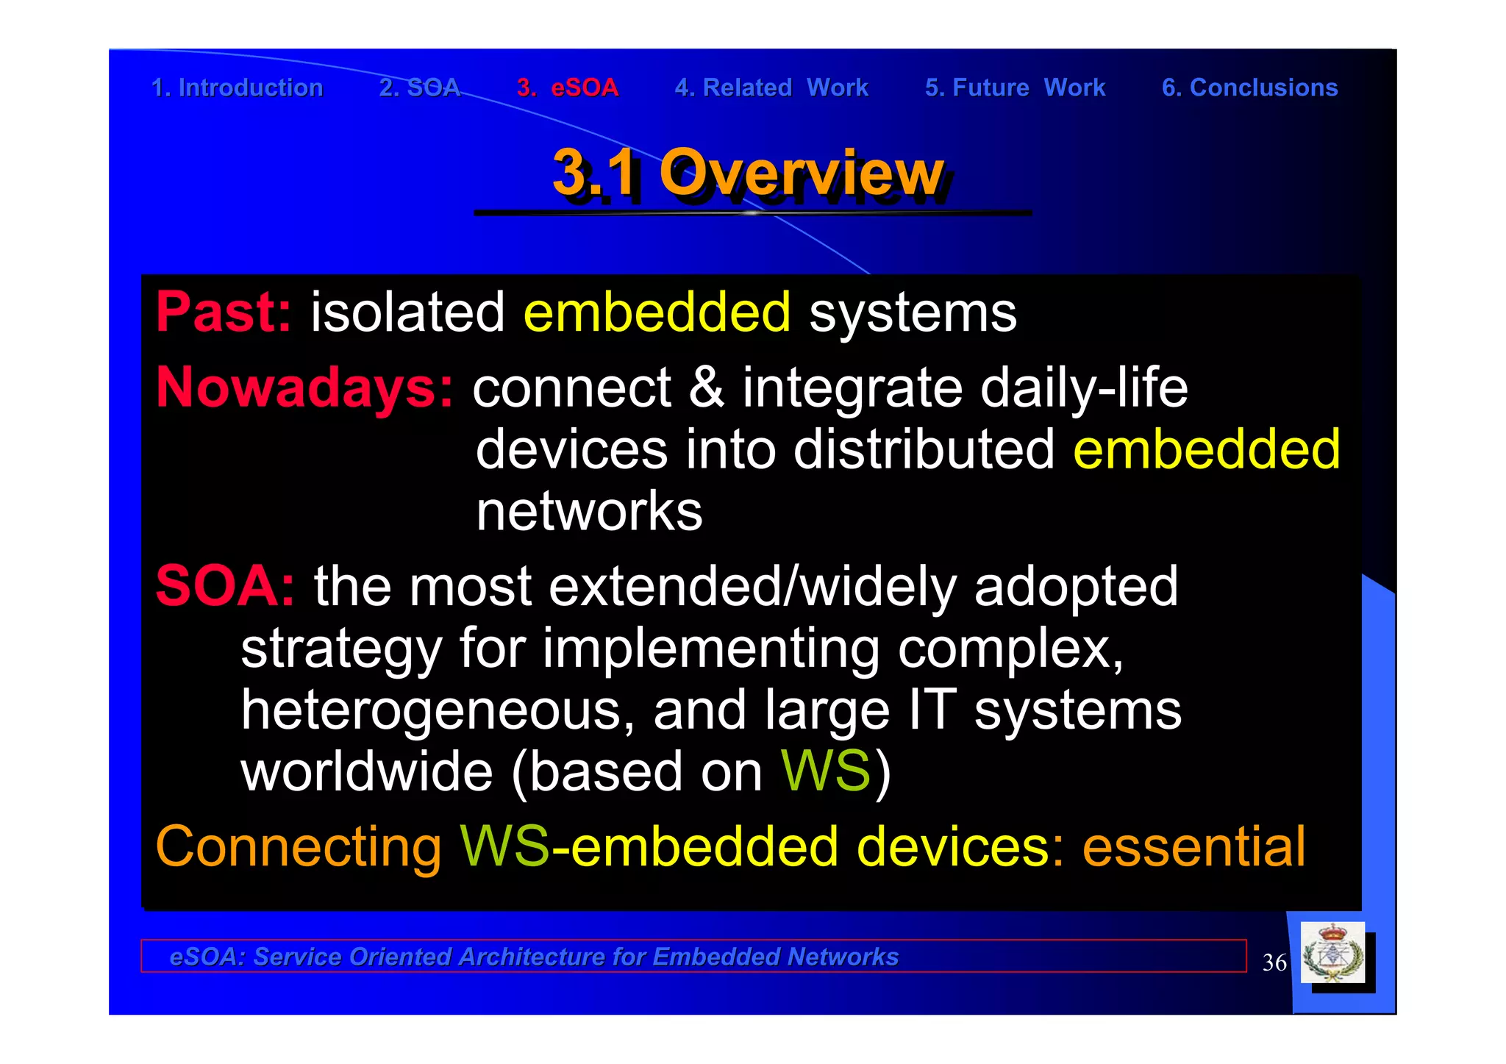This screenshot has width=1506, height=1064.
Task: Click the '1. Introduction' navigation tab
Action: pos(237,88)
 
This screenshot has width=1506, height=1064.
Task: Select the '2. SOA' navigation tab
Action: pos(419,88)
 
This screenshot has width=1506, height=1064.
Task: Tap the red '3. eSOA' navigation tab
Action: pos(567,88)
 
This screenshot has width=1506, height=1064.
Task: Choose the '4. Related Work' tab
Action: pos(771,88)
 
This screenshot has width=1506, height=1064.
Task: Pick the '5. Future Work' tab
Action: pos(1015,88)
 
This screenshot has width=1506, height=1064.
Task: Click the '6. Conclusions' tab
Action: pos(1249,88)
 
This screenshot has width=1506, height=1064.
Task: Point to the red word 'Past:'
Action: pos(224,313)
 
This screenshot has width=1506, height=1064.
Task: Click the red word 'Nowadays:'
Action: pos(304,388)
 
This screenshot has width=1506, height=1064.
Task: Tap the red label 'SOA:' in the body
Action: pos(225,586)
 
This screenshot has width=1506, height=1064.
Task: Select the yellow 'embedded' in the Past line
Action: pos(657,313)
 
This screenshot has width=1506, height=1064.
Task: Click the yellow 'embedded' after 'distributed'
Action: pos(1206,449)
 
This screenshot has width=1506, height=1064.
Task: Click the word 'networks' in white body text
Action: pos(589,512)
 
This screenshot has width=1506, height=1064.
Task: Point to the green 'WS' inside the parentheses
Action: pos(825,771)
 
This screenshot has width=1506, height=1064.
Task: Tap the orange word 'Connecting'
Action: pos(298,847)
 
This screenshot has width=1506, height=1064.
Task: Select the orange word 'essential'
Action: pos(1193,847)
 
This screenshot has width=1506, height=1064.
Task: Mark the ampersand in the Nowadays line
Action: pos(706,388)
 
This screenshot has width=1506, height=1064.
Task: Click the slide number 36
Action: pos(1274,963)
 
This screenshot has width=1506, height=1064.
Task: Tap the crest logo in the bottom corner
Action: pos(1332,953)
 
